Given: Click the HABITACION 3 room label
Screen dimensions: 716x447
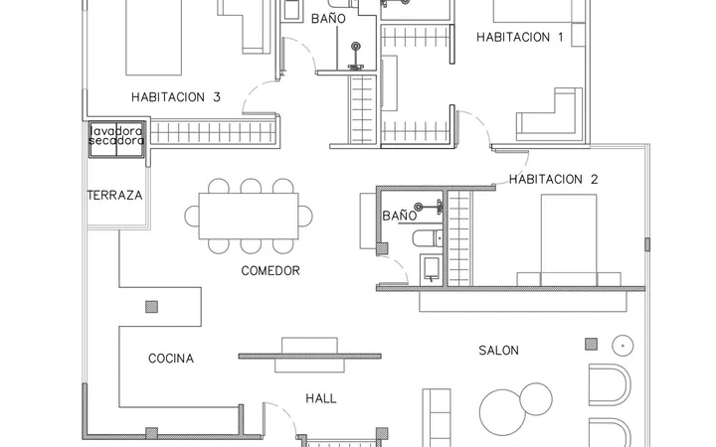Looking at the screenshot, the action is pos(176,97).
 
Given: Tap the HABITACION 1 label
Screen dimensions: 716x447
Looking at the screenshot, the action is pos(520,37).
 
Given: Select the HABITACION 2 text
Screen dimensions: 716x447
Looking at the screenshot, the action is pos(554,179).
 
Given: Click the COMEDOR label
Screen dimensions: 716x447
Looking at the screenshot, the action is pos(270,271).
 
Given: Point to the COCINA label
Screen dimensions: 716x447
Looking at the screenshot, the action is pos(171,359).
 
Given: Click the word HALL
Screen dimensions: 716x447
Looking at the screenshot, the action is pos(321,398).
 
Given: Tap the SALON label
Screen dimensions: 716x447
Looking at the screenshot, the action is pos(498,351).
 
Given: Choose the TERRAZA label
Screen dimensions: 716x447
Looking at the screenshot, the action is pos(114,196).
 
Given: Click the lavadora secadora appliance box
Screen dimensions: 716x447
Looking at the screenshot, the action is pos(116,140).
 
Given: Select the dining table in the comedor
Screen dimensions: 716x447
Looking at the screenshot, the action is pos(249,216).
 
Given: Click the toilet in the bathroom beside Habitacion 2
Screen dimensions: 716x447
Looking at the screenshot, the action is pos(428,238).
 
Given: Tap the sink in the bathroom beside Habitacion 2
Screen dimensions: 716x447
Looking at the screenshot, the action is pos(431,268).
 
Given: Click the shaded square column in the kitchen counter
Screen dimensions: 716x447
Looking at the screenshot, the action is pos(151,307).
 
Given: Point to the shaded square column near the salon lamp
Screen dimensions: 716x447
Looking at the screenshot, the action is pos(592,344).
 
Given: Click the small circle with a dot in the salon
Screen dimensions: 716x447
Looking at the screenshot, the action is pos(623,346).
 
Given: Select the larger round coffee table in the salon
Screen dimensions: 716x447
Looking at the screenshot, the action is pos(502,412).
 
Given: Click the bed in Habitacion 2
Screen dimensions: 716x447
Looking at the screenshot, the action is pos(569,240).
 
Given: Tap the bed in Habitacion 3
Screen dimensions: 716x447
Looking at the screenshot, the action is pos(153,38).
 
